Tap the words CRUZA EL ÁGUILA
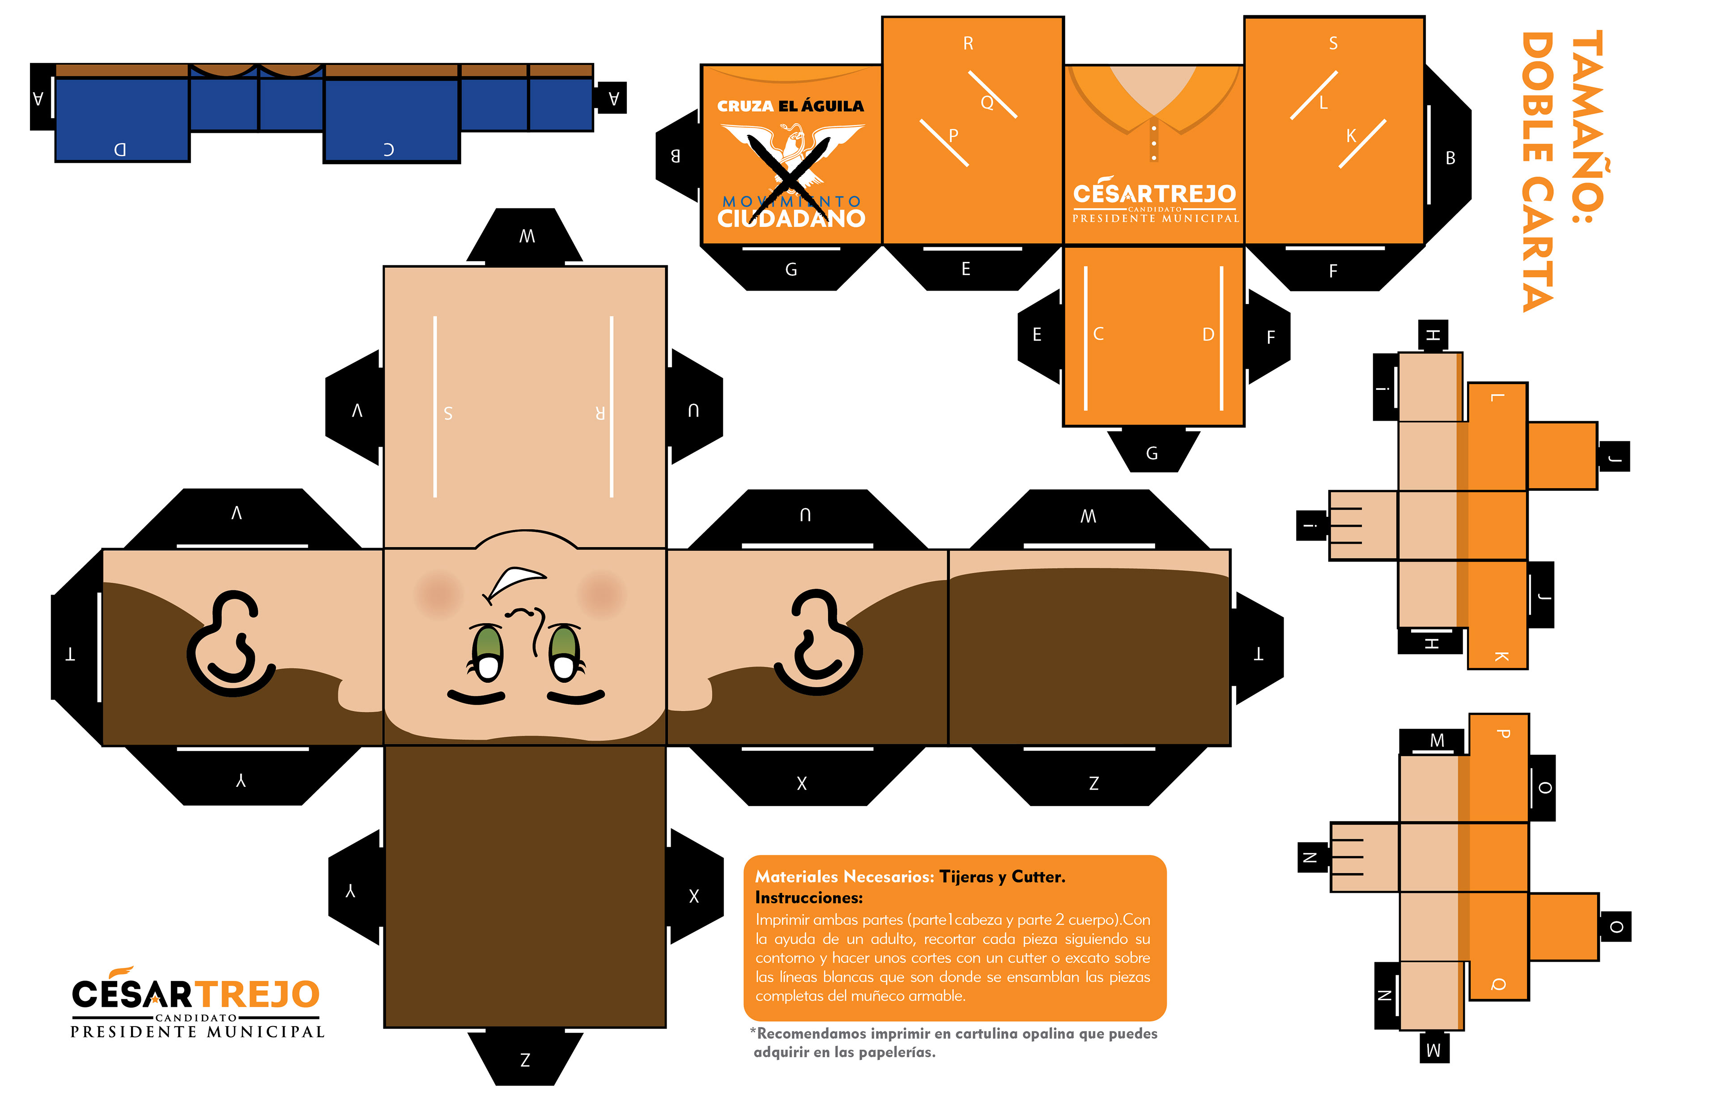tap(791, 106)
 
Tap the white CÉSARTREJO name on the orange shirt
tap(1154, 193)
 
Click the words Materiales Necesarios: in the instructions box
tap(845, 877)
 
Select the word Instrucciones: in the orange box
tap(808, 897)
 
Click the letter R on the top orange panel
tap(968, 44)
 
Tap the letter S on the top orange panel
tap(1333, 44)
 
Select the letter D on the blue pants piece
tap(120, 149)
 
